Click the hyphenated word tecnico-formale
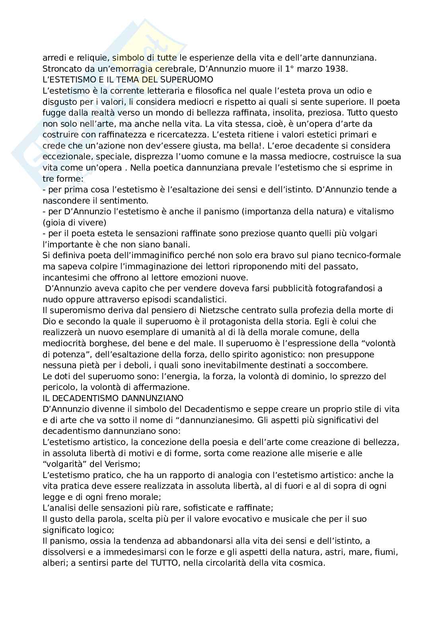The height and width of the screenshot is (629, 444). click(364, 255)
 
